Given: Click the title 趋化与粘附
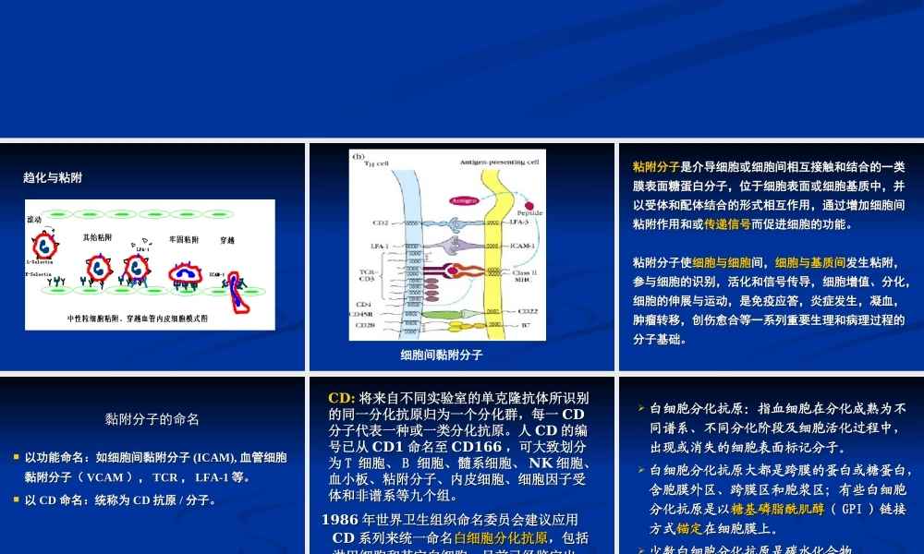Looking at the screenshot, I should tap(59, 177).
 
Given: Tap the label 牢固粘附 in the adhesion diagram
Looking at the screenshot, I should tap(184, 238).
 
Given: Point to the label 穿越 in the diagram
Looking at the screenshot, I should tap(227, 240).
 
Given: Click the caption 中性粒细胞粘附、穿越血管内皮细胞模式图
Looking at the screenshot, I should tap(138, 318).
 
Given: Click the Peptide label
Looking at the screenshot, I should tap(529, 212).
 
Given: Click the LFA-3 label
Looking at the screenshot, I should tap(519, 223).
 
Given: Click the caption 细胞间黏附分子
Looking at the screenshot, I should tap(441, 355).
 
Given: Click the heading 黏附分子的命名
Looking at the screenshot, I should tap(152, 418).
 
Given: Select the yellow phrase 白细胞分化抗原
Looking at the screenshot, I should tap(501, 537).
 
